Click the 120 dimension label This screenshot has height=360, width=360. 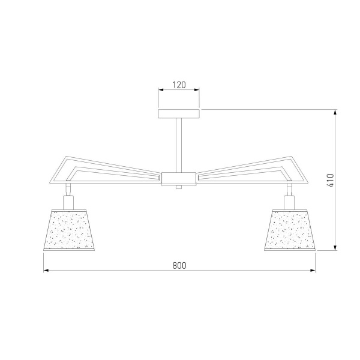(179, 85)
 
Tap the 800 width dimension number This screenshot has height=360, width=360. (179, 265)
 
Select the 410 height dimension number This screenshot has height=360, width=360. (330, 180)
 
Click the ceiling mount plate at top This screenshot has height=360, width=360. (179, 113)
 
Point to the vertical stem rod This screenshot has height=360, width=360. (179, 145)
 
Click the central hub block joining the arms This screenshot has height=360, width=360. (179, 179)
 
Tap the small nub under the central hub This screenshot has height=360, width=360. (179, 187)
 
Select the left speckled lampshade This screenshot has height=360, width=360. (69, 230)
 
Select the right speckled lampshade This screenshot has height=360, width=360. (290, 230)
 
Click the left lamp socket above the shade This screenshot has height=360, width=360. (68, 202)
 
